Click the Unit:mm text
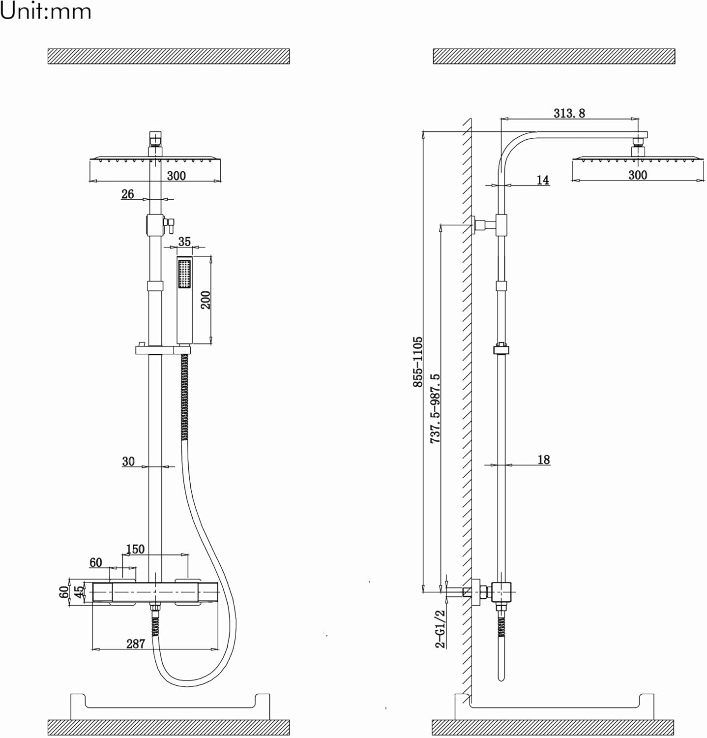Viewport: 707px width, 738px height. pyautogui.click(x=46, y=11)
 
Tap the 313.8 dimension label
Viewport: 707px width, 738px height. pyautogui.click(x=569, y=113)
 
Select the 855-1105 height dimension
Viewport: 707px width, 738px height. pyautogui.click(x=417, y=362)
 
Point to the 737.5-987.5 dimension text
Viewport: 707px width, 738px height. pyautogui.click(x=435, y=409)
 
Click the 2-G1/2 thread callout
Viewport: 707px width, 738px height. pyautogui.click(x=440, y=629)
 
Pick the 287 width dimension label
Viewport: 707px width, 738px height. pyautogui.click(x=136, y=644)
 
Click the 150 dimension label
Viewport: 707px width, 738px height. pyautogui.click(x=135, y=549)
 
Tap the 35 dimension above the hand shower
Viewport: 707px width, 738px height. pyautogui.click(x=184, y=242)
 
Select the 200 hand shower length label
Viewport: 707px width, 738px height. pyautogui.click(x=206, y=300)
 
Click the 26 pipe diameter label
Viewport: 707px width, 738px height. pyautogui.click(x=128, y=194)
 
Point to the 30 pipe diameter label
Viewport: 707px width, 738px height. pyautogui.click(x=128, y=461)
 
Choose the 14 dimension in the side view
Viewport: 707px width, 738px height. pyautogui.click(x=543, y=180)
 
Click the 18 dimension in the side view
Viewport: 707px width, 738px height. pyautogui.click(x=544, y=460)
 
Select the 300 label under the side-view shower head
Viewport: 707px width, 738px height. pyautogui.click(x=638, y=175)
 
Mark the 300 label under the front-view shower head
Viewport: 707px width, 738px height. pyautogui.click(x=177, y=176)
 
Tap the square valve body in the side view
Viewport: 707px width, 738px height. pyautogui.click(x=501, y=592)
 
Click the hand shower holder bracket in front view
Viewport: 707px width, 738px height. pyautogui.click(x=163, y=350)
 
